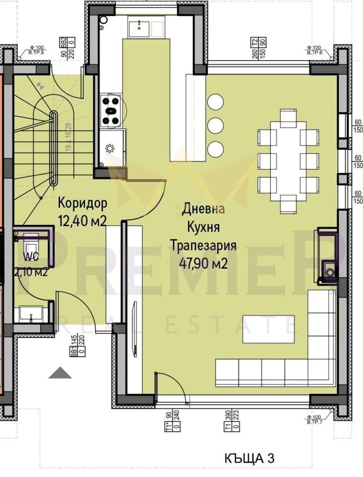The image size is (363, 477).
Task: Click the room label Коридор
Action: coord(82,202)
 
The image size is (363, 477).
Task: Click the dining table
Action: coord(288,161)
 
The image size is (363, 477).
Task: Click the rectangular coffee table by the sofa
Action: coord(268,329)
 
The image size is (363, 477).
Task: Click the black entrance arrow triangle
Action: coord(60,373)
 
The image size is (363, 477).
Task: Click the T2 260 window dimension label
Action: coord(258,48)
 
